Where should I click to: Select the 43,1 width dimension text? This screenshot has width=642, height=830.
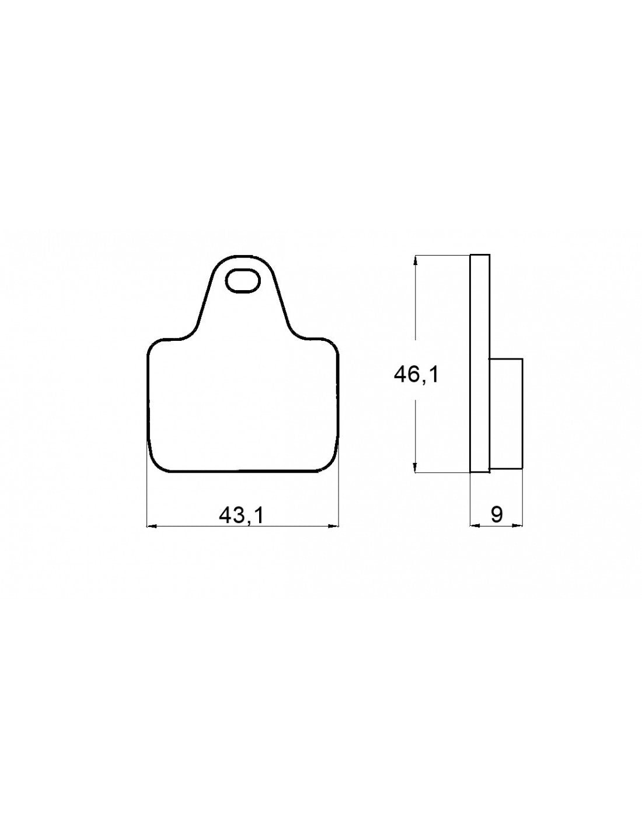(242, 514)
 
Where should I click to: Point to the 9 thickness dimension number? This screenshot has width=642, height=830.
(497, 514)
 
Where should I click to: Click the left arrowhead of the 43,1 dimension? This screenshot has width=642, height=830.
(150, 526)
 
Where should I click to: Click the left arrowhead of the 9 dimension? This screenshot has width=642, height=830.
(474, 525)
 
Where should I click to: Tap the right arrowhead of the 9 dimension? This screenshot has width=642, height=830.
(519, 525)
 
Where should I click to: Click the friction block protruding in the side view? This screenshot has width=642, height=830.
(505, 413)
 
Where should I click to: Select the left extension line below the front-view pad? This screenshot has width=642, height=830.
(146, 496)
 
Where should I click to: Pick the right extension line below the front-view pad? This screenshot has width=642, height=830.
(339, 496)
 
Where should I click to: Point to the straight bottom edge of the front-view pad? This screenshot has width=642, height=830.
(242, 471)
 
